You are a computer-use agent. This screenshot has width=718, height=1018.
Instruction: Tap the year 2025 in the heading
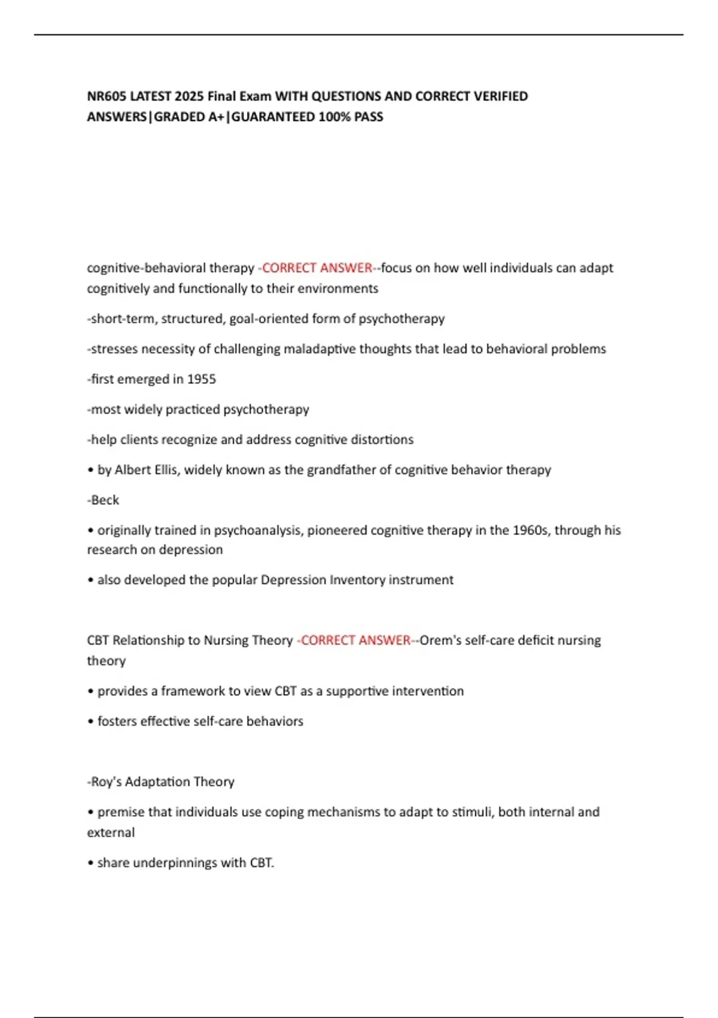[190, 96]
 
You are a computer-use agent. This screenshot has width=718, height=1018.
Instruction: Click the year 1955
[202, 379]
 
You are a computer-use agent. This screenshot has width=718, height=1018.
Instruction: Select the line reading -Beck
[103, 500]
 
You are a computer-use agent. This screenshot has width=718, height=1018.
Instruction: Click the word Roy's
[106, 782]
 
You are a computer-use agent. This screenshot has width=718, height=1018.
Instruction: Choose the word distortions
[382, 440]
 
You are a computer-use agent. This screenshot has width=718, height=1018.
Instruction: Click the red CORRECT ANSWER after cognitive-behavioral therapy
[317, 268]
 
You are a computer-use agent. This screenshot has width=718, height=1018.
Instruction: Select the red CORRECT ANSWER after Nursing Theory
[355, 641]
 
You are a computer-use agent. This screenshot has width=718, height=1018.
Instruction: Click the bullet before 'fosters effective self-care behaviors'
[91, 722]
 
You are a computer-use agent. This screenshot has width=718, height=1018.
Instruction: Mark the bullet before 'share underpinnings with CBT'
[91, 863]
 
